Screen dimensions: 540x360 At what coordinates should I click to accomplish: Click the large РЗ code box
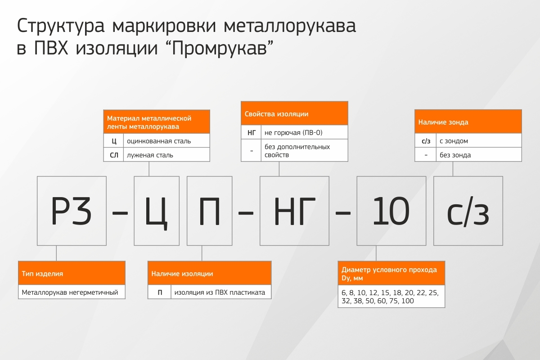click(x=72, y=211)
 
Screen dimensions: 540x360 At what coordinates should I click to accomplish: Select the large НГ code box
click(x=294, y=211)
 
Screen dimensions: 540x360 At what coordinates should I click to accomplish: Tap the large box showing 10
click(x=391, y=211)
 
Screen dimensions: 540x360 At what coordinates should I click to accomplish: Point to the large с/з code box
click(x=468, y=211)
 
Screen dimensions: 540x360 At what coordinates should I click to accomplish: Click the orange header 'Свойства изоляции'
click(x=294, y=113)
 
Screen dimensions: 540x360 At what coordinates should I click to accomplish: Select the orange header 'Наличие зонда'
click(x=468, y=121)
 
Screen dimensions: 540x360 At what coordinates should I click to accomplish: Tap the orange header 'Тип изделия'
click(x=72, y=273)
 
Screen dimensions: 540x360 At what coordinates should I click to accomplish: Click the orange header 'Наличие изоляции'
click(x=210, y=273)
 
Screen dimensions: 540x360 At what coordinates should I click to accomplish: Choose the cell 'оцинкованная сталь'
click(x=166, y=140)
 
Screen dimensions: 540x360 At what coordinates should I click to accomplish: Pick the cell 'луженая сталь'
click(x=166, y=154)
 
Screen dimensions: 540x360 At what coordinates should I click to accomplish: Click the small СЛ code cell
click(x=114, y=154)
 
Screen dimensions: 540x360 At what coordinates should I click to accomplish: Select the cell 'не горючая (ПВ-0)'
click(x=305, y=132)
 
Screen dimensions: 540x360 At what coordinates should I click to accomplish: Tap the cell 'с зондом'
click(x=479, y=140)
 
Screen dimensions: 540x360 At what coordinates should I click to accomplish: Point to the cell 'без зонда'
click(x=479, y=154)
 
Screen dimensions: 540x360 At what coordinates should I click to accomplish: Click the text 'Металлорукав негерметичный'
click(x=70, y=292)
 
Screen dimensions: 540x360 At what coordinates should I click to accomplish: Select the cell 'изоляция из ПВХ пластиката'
click(x=221, y=292)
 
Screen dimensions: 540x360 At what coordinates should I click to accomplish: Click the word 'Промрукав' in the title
click(x=219, y=48)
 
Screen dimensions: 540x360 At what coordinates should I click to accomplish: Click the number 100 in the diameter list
click(x=407, y=301)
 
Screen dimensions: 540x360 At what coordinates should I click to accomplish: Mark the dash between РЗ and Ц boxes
click(x=120, y=213)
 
